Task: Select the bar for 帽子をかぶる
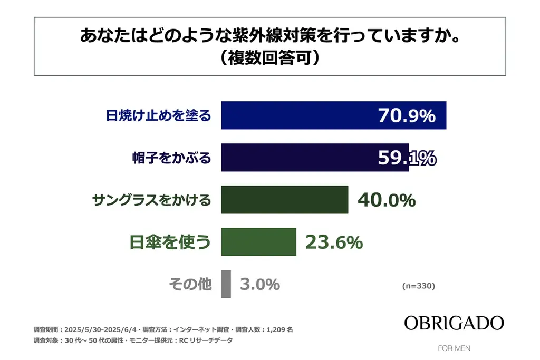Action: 295,158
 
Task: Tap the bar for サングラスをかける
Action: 284,200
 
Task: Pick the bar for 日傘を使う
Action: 258,242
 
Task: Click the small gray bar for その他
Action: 226,284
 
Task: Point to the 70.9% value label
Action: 407,115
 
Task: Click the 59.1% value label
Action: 407,158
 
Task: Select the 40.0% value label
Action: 387,200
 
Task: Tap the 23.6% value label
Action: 334,242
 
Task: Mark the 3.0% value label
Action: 259,284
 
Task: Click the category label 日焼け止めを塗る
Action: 158,115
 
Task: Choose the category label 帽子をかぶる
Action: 171,158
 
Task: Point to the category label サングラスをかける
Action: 151,200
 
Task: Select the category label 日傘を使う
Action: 170,242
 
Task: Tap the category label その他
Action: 190,284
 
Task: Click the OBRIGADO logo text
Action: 454,323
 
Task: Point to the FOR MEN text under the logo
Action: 454,348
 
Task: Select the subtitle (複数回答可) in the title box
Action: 269,57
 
